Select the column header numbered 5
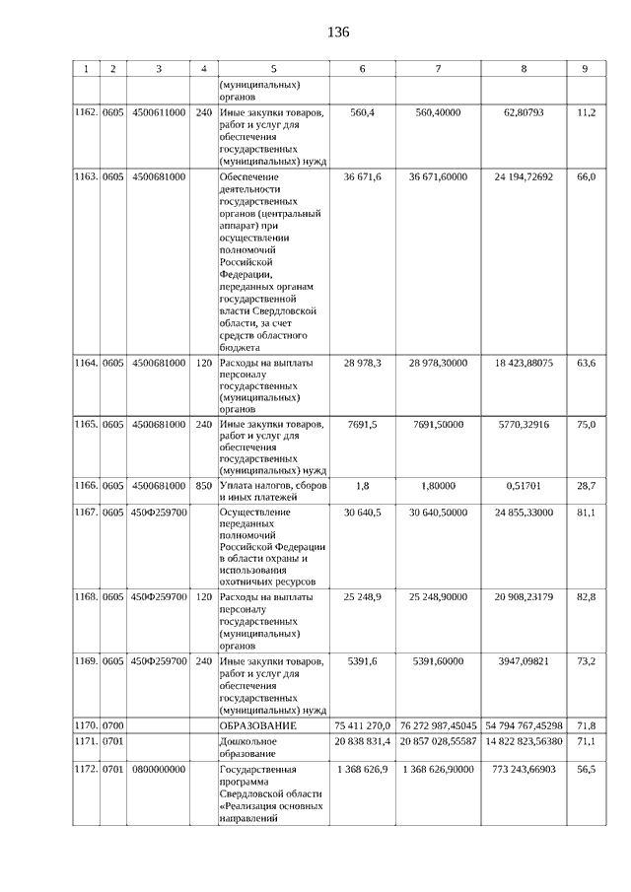click(x=273, y=69)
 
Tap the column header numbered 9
click(x=585, y=69)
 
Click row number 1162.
click(x=86, y=113)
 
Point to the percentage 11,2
click(x=586, y=113)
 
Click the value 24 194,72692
click(x=524, y=176)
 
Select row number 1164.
click(x=86, y=364)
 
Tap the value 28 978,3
click(x=363, y=364)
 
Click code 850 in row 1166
click(x=203, y=486)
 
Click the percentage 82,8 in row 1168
click(x=586, y=597)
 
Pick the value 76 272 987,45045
click(x=439, y=725)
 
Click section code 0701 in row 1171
click(x=113, y=741)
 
